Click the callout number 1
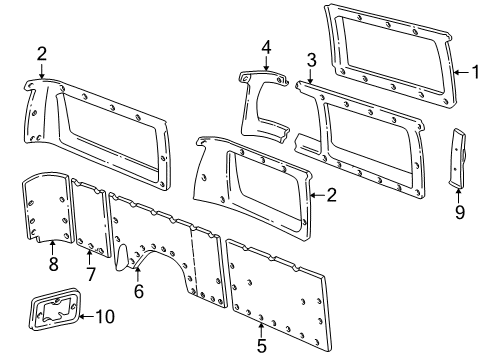[477, 71]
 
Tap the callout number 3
[311, 59]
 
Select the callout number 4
[266, 46]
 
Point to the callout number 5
[261, 347]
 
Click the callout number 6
[139, 291]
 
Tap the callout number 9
[459, 212]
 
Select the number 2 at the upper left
[41, 53]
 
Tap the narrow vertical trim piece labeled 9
[460, 158]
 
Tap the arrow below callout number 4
[266, 63]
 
